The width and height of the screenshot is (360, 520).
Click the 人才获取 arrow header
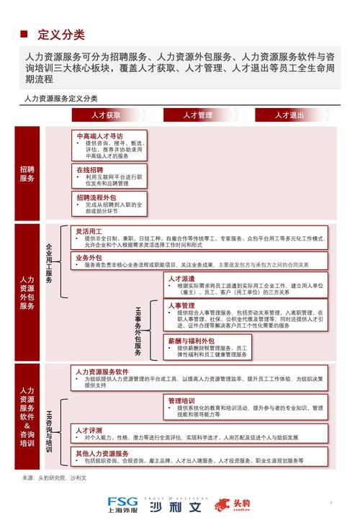pos(105,115)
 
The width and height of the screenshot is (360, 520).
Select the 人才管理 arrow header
pos(197,115)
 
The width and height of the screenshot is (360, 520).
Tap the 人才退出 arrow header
pos(289,115)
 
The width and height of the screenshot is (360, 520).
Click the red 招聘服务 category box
pos(27,174)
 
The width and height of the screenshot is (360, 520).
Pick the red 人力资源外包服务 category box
pos(27,292)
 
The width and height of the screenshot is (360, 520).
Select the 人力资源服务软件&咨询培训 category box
pos(27,417)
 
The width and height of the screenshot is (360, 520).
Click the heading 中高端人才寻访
pos(99,135)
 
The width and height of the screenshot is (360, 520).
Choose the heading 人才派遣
pos(181,278)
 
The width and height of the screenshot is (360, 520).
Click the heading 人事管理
pos(181,305)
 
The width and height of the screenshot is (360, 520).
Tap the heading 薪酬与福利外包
pos(191,340)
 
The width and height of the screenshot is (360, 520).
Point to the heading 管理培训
pos(181,400)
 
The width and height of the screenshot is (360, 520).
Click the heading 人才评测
pos(89,429)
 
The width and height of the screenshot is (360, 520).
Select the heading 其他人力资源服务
pos(102,454)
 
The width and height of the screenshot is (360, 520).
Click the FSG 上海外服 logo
pos(124,504)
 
